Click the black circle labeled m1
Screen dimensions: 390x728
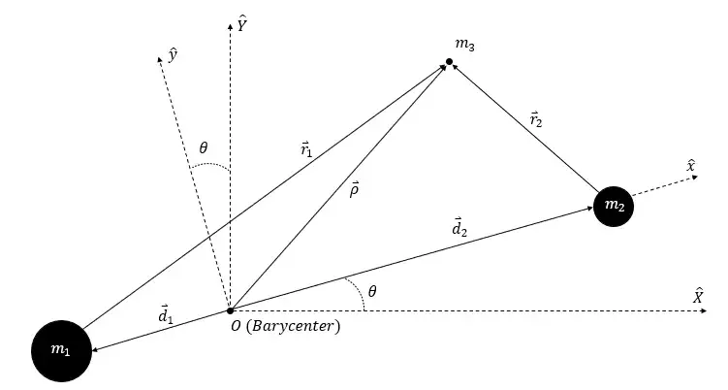pos(62,348)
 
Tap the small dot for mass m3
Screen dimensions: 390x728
pos(449,63)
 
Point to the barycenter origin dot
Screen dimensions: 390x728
pos(230,310)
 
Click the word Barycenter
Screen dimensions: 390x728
pos(295,328)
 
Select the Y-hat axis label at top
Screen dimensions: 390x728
pos(243,22)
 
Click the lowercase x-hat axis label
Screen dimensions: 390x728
pos(690,168)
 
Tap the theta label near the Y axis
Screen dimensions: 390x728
pos(204,149)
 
